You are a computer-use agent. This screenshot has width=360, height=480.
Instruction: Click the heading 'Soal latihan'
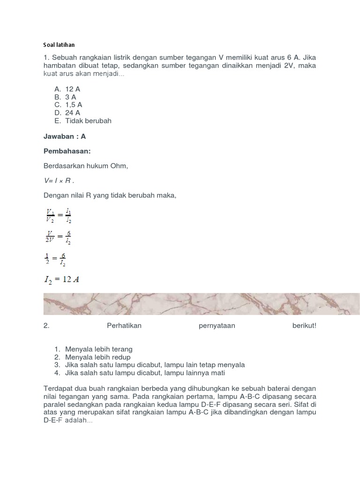[59, 45]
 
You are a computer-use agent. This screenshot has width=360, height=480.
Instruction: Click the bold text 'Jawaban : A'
[65, 136]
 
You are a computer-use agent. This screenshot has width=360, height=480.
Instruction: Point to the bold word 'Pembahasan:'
[67, 151]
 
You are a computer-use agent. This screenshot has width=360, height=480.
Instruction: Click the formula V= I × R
[59, 181]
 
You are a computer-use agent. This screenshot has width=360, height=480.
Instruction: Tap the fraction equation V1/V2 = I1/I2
[58, 215]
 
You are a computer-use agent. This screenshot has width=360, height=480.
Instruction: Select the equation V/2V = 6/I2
[58, 237]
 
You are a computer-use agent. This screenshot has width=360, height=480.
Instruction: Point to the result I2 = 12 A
[61, 280]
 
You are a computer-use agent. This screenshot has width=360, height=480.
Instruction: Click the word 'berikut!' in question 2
[304, 326]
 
